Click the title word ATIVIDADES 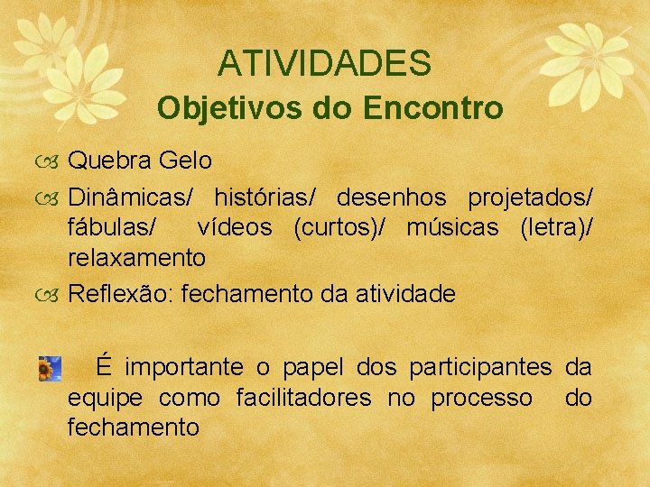[324, 63]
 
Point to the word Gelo [185, 161]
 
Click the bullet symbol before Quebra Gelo [51, 162]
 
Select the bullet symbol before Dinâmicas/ [51, 197]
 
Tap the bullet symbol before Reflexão [51, 294]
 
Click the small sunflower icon [50, 368]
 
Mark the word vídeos [237, 227]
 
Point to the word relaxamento [137, 258]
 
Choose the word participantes [479, 367]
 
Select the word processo [481, 398]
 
